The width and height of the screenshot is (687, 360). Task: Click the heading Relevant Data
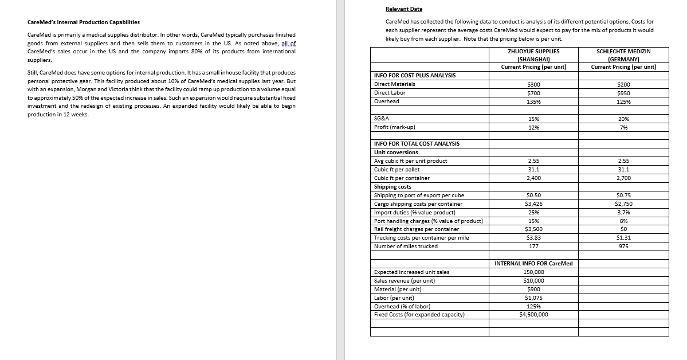[x=403, y=9]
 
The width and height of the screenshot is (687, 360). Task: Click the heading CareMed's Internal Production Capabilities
[x=84, y=22]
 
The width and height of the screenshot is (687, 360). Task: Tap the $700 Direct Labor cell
[x=533, y=93]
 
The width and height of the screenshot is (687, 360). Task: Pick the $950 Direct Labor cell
[x=623, y=93]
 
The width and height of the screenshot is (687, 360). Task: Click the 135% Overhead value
[x=533, y=101]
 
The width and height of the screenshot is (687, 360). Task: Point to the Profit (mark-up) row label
[x=394, y=127]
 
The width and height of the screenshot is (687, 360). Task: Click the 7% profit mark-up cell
[x=623, y=127]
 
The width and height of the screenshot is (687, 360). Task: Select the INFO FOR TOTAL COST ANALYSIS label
[x=416, y=143]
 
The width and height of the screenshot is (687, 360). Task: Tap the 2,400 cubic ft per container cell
[x=533, y=178]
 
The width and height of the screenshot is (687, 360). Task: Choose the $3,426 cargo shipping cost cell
[x=533, y=204]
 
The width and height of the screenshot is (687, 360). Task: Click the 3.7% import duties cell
[x=623, y=212]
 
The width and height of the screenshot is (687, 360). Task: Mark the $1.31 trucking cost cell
[x=623, y=237]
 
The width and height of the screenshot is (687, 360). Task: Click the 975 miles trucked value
[x=623, y=246]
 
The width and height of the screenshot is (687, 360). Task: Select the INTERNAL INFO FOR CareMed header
[x=533, y=263]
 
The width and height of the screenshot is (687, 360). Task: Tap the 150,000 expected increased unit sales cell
[x=533, y=272]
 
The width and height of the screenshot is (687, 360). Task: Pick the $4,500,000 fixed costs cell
[x=533, y=314]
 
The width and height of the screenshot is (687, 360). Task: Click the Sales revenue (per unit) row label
[x=404, y=280]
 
